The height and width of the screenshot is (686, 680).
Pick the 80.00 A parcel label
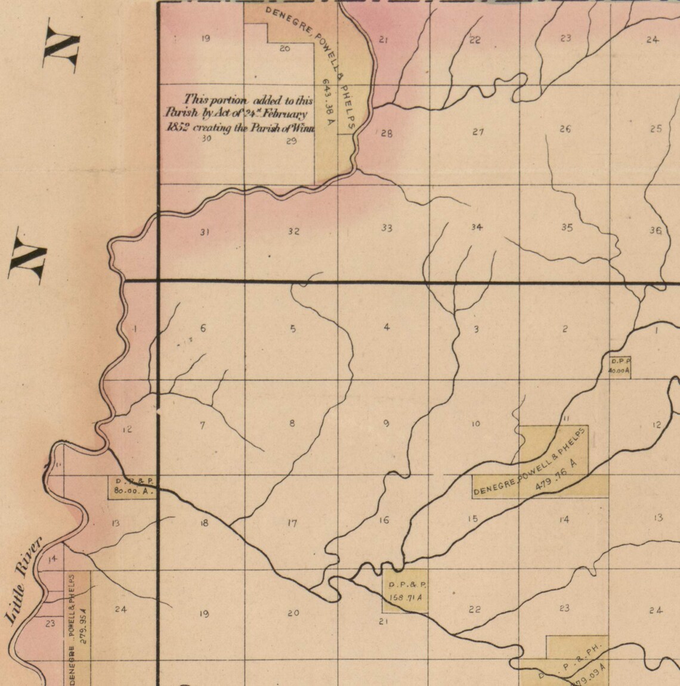point(131,493)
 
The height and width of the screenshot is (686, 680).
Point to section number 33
point(387,228)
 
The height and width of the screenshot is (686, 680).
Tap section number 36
point(655,230)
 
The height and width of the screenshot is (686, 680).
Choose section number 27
point(477,132)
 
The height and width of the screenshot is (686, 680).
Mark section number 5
point(293,328)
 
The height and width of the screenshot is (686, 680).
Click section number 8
point(292,424)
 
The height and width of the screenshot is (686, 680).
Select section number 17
point(292,524)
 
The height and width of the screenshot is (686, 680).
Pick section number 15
point(472,519)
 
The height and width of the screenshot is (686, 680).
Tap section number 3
point(476,329)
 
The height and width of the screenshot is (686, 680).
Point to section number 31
point(204,232)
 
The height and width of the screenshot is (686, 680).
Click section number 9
point(387,424)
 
